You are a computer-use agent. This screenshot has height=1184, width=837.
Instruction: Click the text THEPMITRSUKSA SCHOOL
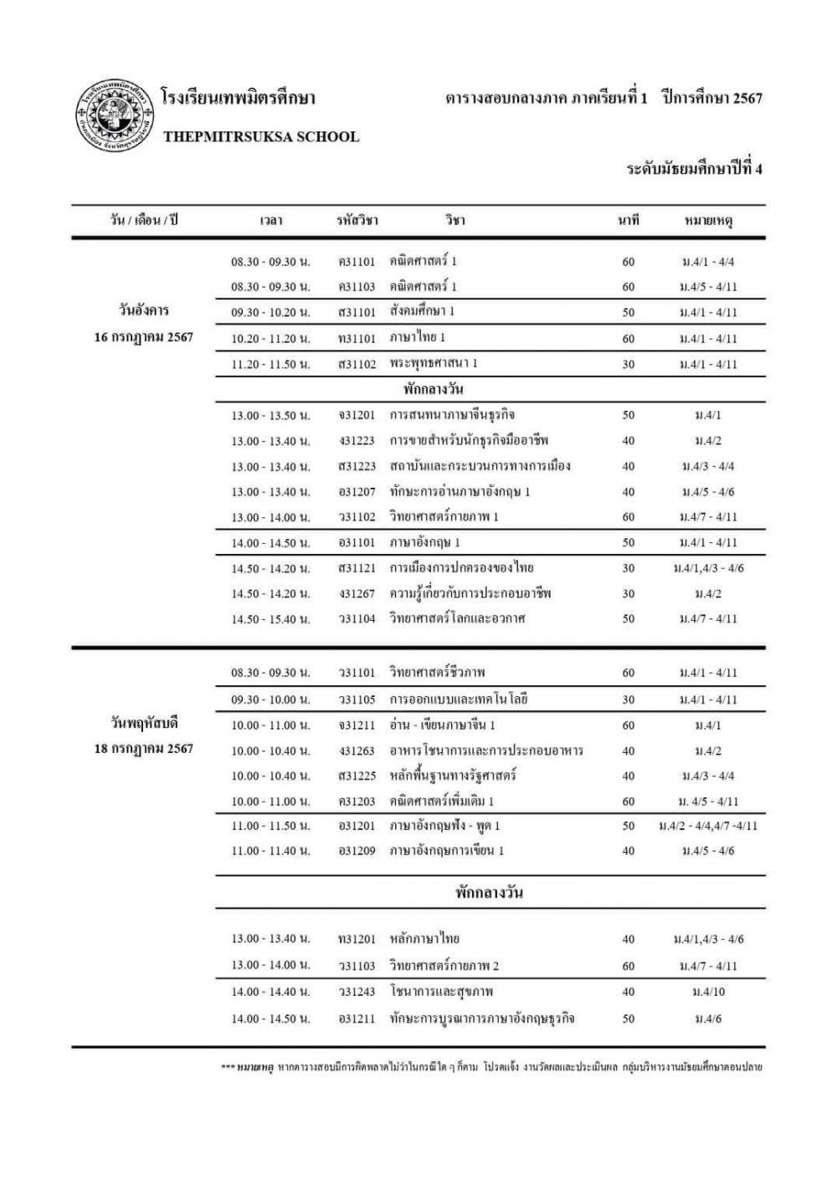tap(261, 137)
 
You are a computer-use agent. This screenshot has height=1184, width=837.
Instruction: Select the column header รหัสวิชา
tap(357, 220)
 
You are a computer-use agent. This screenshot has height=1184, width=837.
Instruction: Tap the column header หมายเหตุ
tap(708, 221)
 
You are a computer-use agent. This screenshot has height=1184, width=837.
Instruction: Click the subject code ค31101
tap(357, 262)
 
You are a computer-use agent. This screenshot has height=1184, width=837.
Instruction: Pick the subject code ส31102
tap(357, 364)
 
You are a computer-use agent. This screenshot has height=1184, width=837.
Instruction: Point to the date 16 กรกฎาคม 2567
tap(144, 337)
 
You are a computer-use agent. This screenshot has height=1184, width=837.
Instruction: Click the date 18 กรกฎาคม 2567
tap(144, 749)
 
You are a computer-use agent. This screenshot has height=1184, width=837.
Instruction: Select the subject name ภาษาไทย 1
tap(418, 338)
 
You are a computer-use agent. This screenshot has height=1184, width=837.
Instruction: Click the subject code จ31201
tap(357, 415)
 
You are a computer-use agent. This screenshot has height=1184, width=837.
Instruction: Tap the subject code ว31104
tap(357, 619)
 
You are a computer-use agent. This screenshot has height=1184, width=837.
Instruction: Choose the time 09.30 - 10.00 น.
tap(270, 700)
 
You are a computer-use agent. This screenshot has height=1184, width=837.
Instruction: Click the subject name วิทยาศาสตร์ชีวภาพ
tap(437, 673)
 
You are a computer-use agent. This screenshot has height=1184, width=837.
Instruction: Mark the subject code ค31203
tap(357, 802)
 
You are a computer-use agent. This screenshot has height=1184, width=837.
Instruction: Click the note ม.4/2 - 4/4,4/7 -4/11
tap(708, 826)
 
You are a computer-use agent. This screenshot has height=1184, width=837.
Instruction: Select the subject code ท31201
tap(357, 940)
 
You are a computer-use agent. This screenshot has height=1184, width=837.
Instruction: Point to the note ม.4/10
tap(708, 992)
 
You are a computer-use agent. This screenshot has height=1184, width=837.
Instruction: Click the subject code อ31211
tap(357, 1019)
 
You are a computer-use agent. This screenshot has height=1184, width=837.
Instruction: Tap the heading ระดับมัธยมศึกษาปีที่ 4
tap(695, 169)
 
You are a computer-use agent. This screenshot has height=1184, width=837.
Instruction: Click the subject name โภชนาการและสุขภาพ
tap(441, 992)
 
